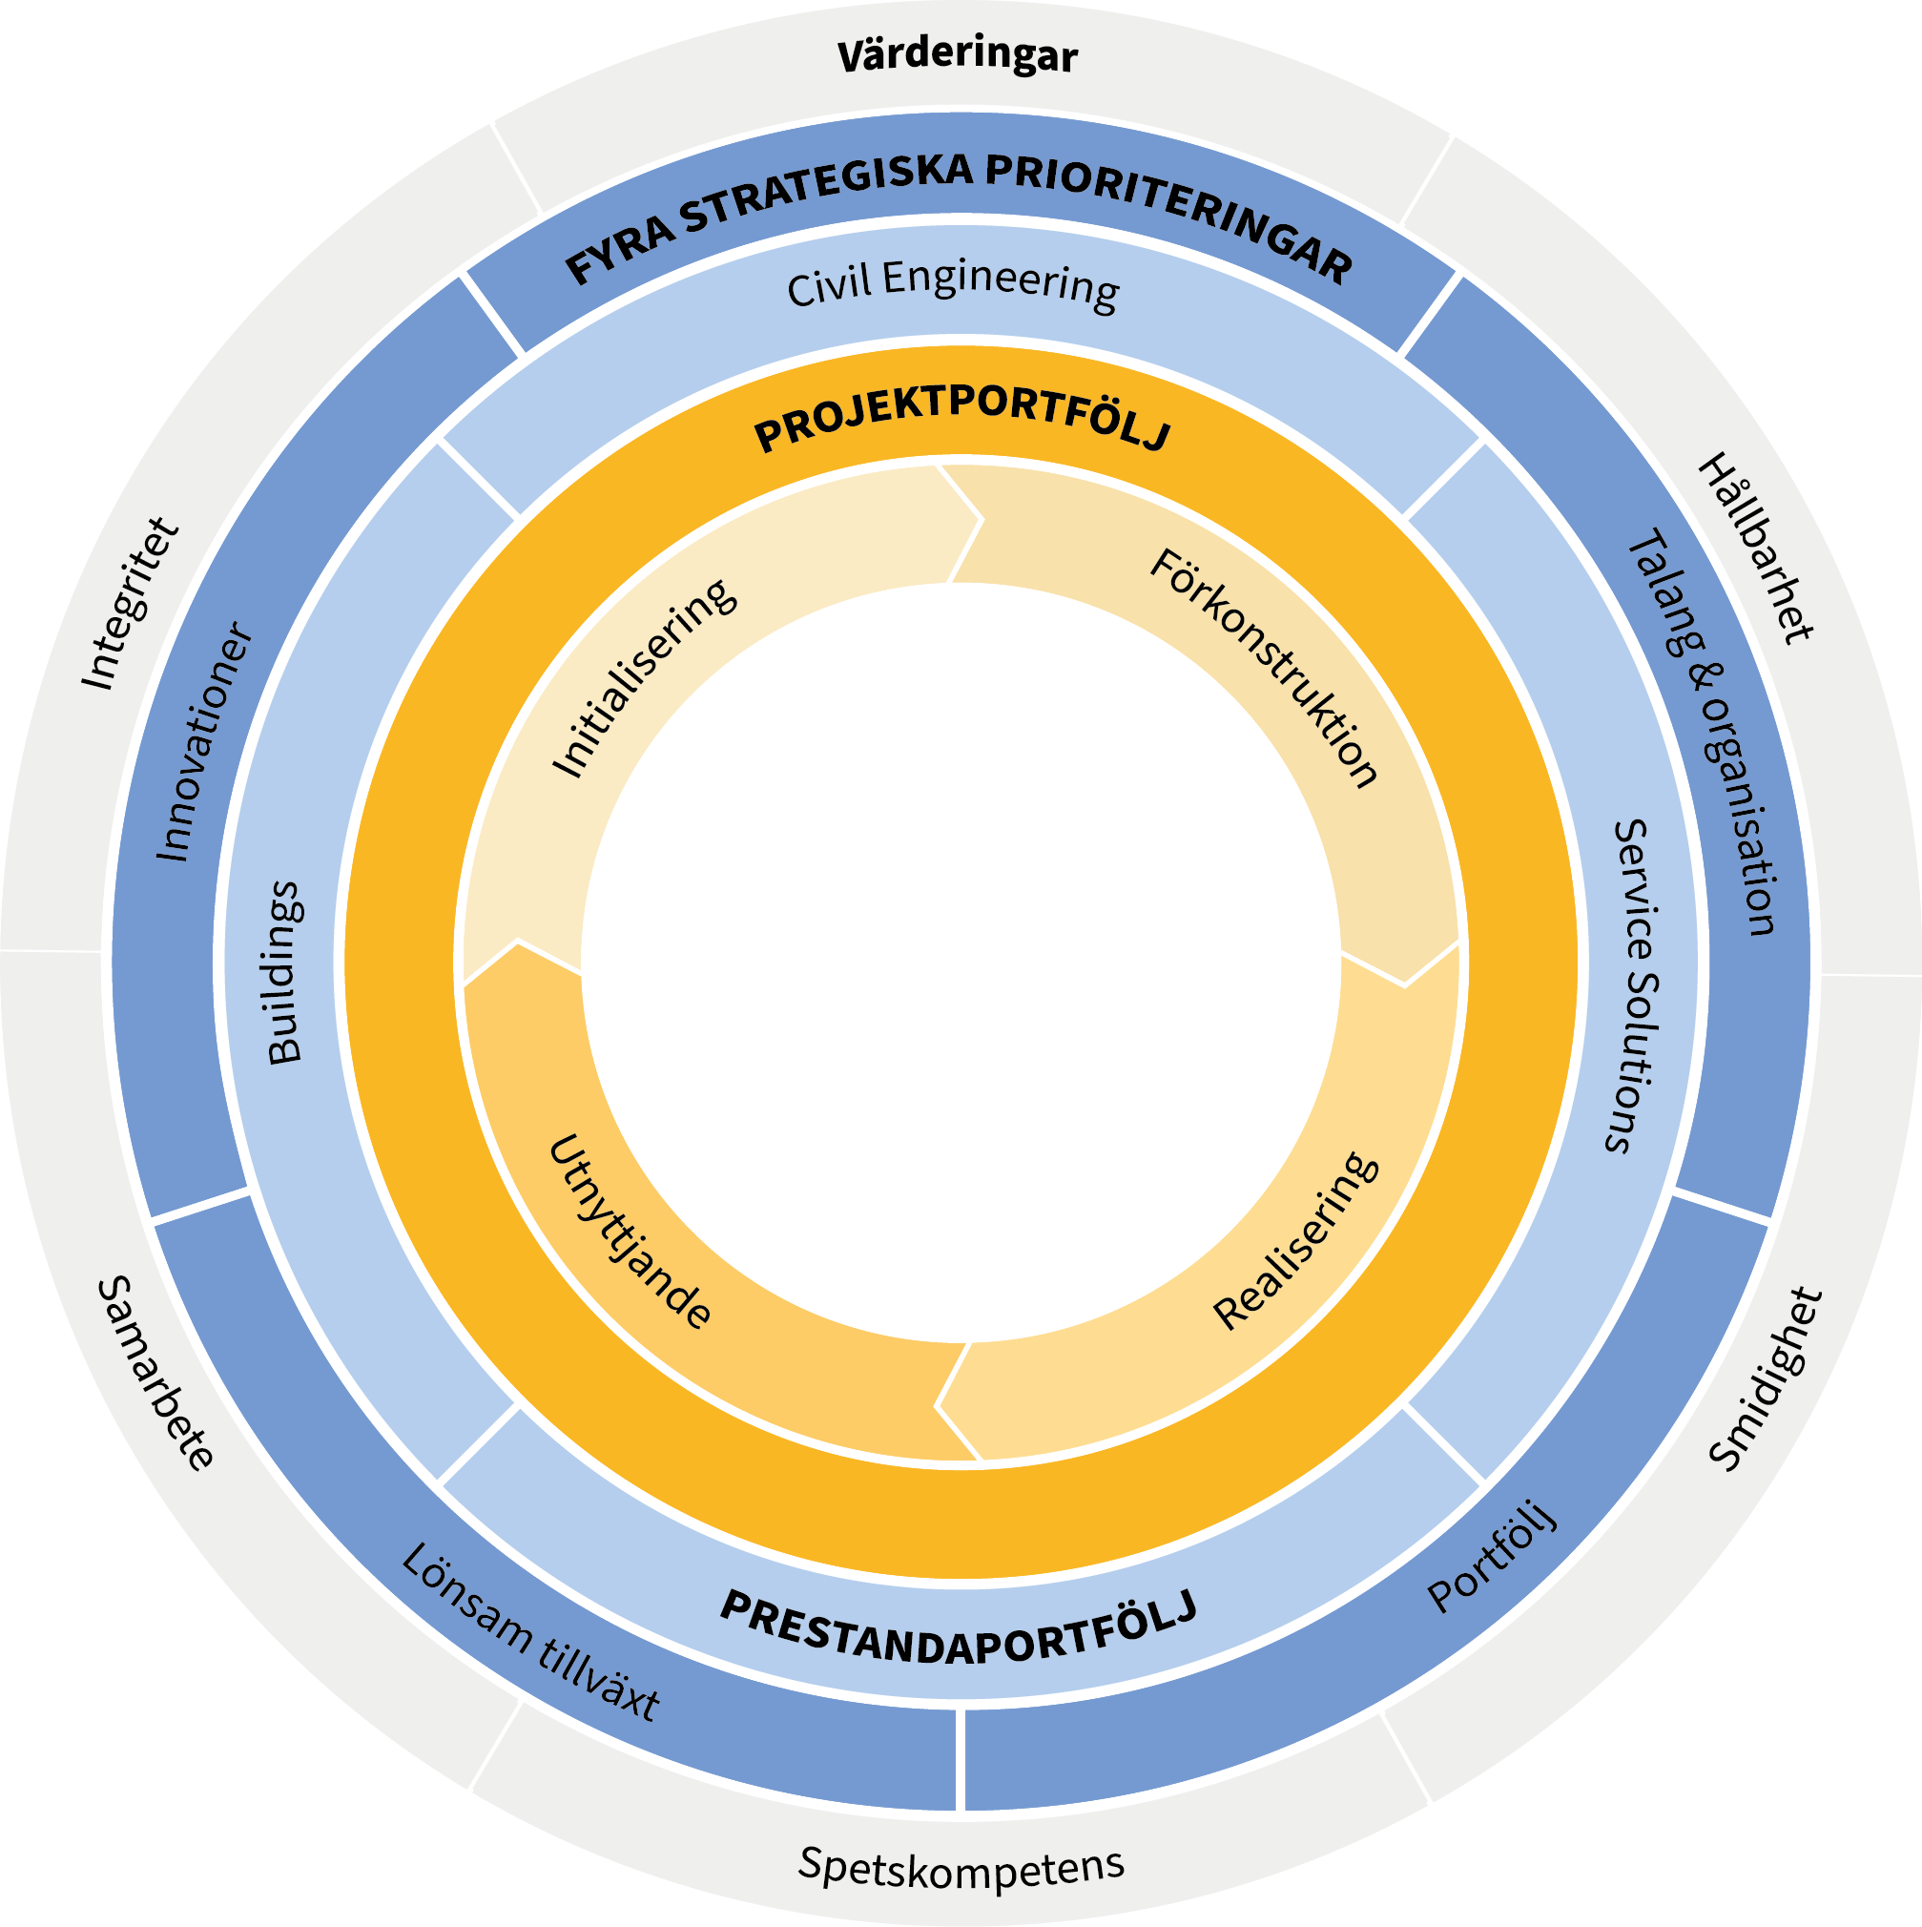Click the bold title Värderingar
pyautogui.click(x=958, y=57)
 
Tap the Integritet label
pyautogui.click(x=131, y=604)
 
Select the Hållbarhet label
pyautogui.click(x=1756, y=548)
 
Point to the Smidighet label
pyautogui.click(x=1766, y=1380)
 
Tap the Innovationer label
pyautogui.click(x=203, y=742)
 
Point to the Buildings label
pyautogui.click(x=285, y=972)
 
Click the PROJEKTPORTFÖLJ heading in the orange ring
pyautogui.click(x=961, y=418)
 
